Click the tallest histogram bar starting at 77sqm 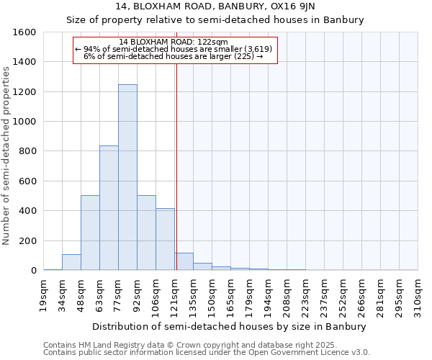tap(127, 177)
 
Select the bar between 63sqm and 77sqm tap(109, 208)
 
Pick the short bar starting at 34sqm tap(71, 262)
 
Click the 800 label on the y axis tap(27, 151)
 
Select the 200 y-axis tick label tap(27, 240)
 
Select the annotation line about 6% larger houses tap(173, 55)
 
